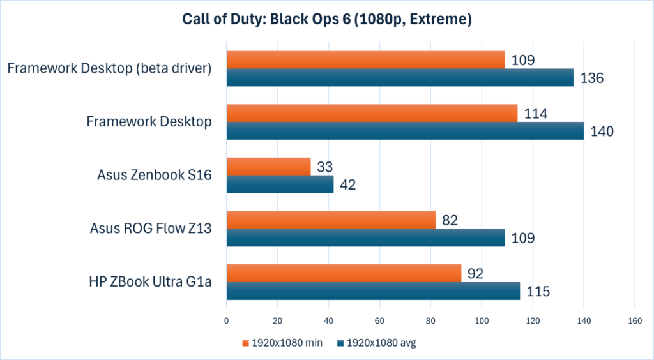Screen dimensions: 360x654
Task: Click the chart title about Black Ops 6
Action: [x=326, y=20]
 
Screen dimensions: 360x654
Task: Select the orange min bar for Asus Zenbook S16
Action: [x=268, y=167]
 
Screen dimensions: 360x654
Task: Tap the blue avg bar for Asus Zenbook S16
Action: [x=280, y=184]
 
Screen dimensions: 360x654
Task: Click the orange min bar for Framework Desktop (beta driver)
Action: [x=365, y=60]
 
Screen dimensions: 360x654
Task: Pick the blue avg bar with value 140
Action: [x=405, y=131]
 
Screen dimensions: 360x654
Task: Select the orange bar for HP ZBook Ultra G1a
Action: [x=344, y=273]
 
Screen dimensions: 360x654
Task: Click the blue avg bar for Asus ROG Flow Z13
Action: [x=365, y=237]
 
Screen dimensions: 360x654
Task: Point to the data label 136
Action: [x=592, y=78]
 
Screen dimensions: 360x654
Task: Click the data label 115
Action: [x=538, y=292]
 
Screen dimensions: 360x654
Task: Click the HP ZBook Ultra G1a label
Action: [x=151, y=282]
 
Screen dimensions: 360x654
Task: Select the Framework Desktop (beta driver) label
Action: [x=109, y=68]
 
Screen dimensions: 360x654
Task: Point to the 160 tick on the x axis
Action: [x=634, y=321]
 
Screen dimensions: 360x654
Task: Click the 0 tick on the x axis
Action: [x=227, y=321]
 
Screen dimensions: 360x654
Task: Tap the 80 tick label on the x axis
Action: [x=430, y=321]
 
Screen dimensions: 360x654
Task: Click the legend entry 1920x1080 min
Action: [x=282, y=343]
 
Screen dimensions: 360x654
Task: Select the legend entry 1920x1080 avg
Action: [x=377, y=343]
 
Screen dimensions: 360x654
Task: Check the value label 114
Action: [x=536, y=114]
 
